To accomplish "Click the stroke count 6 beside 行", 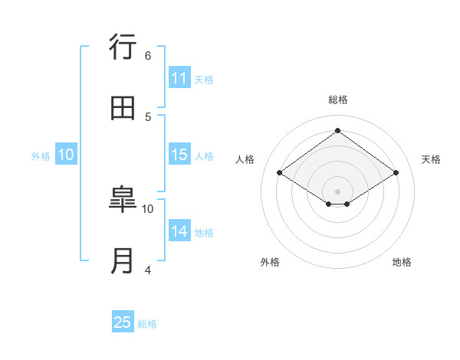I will (148, 55).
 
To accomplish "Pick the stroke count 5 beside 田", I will (148, 116).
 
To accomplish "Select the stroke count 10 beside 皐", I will (148, 208).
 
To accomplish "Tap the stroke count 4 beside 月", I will (148, 270).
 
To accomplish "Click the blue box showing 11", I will (179, 78).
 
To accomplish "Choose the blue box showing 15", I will (179, 155).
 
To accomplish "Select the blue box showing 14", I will (179, 231).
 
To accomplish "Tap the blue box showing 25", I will (123, 322).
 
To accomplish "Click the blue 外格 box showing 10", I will (66, 155).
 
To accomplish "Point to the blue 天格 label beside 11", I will (204, 79).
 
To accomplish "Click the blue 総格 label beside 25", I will (147, 323).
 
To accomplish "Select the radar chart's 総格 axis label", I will (338, 100).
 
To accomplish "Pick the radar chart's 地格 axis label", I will (402, 262).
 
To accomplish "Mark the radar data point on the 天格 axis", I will (396, 173).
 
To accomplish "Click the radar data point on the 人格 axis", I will (280, 173).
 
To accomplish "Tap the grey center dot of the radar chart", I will (338, 191).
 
